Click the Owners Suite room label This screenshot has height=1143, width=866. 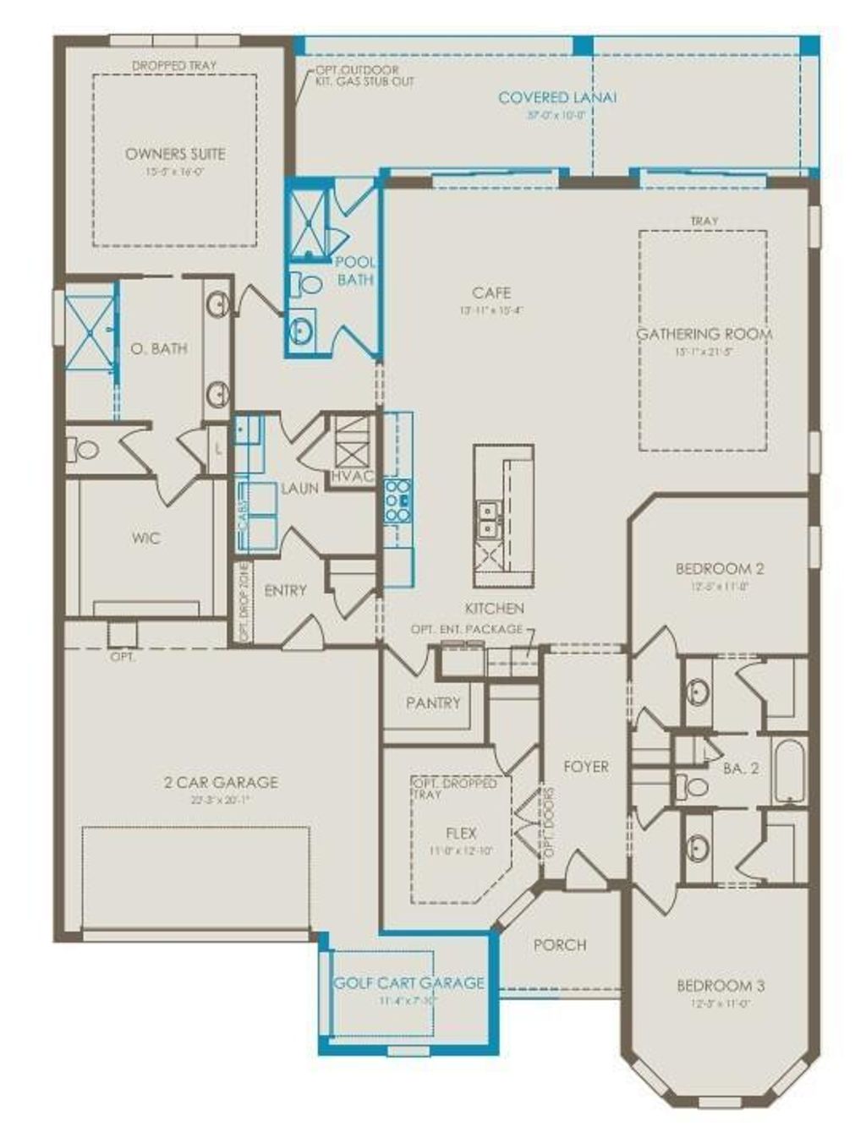click(x=175, y=154)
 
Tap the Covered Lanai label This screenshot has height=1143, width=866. click(x=557, y=97)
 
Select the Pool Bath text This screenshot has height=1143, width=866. click(x=355, y=271)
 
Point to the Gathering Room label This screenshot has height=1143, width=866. click(x=704, y=334)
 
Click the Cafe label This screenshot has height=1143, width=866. click(x=491, y=293)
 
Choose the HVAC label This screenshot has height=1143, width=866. click(x=352, y=476)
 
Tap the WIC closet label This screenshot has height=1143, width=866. click(x=145, y=538)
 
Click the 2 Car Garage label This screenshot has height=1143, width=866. click(x=221, y=782)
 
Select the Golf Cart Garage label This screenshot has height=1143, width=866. click(x=408, y=982)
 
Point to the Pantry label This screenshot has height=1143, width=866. click(x=433, y=703)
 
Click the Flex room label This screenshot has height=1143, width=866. click(x=461, y=833)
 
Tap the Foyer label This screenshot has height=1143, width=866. click(x=586, y=766)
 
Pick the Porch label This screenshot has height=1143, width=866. click(x=560, y=944)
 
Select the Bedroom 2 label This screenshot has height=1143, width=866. click(x=720, y=568)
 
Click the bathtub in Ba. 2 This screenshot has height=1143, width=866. click(x=791, y=770)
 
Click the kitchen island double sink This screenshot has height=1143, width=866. click(x=488, y=520)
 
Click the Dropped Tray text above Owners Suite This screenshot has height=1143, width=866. click(x=174, y=65)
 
